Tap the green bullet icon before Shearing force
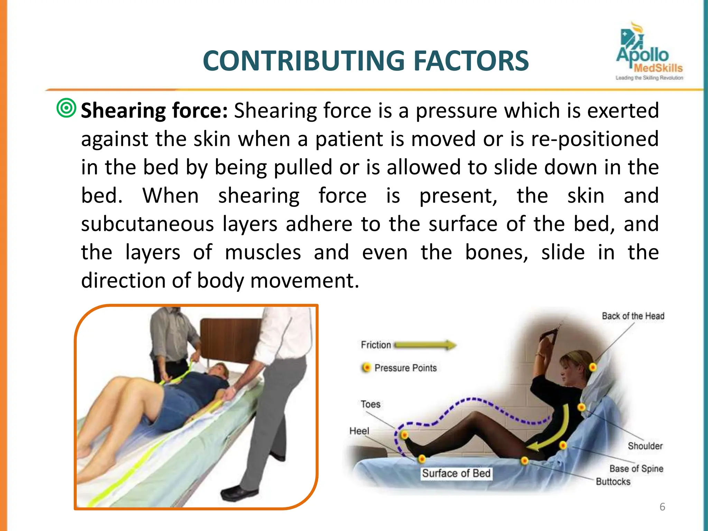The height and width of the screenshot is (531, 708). pyautogui.click(x=66, y=108)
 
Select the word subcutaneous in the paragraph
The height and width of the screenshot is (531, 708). pyautogui.click(x=148, y=224)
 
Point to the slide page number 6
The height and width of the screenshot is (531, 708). pyautogui.click(x=662, y=507)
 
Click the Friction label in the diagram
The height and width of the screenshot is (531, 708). pyautogui.click(x=375, y=345)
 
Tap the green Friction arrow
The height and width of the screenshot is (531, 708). pyautogui.click(x=425, y=345)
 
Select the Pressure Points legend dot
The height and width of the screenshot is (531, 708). pyautogui.click(x=366, y=367)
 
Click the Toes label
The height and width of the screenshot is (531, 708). pyautogui.click(x=370, y=404)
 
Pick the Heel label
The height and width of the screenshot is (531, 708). pyautogui.click(x=359, y=431)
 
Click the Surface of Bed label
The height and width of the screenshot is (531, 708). pyautogui.click(x=456, y=473)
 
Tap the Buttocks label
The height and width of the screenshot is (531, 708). pyautogui.click(x=613, y=482)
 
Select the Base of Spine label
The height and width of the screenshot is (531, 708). pyautogui.click(x=636, y=468)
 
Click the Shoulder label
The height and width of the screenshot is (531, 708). pyautogui.click(x=645, y=446)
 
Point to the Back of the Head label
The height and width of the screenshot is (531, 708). pyautogui.click(x=633, y=316)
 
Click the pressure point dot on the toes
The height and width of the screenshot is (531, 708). pyautogui.click(x=404, y=435)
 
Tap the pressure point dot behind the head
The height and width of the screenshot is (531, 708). pyautogui.click(x=593, y=367)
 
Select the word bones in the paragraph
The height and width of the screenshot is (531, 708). pyautogui.click(x=496, y=252)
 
